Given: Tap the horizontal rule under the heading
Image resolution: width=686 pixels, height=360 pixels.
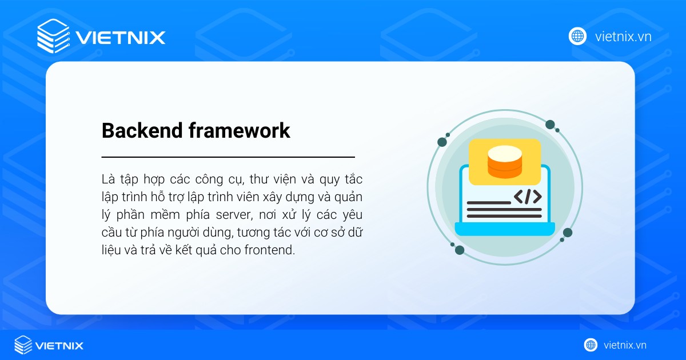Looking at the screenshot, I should click(228, 157).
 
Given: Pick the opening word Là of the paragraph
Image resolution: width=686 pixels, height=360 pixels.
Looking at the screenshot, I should click(108, 179).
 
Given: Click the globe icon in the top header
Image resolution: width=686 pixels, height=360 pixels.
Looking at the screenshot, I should click(577, 37).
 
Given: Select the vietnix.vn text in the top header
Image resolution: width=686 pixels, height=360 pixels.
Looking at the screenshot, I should click(623, 37).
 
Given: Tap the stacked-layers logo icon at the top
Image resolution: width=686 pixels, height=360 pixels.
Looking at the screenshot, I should click(53, 36).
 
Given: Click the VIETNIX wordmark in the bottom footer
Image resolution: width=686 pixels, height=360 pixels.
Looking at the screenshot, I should click(59, 345).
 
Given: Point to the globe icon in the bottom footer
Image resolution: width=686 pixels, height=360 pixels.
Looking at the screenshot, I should click(591, 345).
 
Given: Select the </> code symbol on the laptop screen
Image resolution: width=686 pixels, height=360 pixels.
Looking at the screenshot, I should click(527, 197).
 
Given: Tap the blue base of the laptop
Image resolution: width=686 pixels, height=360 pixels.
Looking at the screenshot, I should click(505, 229).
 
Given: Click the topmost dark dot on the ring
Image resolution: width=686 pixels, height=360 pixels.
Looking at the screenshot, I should click(550, 125).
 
